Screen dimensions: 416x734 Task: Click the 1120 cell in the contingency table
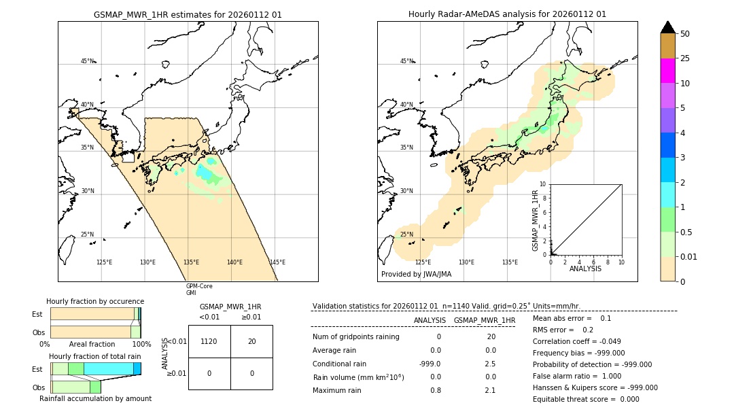(209, 341)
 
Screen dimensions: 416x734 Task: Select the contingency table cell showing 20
(251, 341)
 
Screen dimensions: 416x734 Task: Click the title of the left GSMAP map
(188, 14)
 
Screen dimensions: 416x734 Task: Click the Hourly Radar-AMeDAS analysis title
(507, 14)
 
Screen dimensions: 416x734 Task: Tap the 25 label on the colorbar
(685, 58)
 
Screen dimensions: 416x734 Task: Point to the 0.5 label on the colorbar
(687, 232)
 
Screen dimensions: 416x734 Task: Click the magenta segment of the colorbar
(667, 71)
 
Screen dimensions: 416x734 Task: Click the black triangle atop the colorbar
(667, 27)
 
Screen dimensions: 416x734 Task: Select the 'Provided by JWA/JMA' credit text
(416, 274)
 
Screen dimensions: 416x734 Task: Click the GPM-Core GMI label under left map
(199, 290)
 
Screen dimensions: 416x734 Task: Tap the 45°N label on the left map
(88, 61)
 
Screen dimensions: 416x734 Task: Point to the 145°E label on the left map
(277, 262)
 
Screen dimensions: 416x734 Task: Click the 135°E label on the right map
(510, 262)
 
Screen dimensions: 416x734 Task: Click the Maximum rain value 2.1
(489, 390)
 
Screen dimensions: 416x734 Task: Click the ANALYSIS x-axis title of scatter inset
(585, 268)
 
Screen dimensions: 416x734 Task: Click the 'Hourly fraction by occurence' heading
(95, 301)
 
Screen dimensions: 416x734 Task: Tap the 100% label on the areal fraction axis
(141, 345)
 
